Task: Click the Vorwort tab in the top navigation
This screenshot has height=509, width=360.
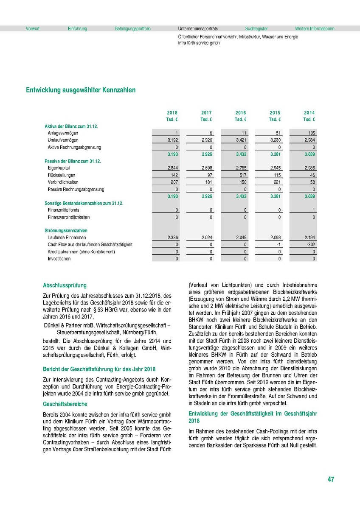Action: (32, 29)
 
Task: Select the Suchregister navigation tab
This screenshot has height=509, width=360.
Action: (256, 29)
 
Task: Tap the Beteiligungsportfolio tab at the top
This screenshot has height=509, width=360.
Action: (132, 29)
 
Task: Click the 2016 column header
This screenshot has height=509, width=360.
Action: (241, 113)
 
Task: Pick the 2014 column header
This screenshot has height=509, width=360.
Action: (309, 113)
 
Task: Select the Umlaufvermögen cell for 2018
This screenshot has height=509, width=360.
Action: (171, 140)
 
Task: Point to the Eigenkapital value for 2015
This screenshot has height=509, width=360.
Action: (274, 168)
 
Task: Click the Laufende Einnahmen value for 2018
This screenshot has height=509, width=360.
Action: (171, 238)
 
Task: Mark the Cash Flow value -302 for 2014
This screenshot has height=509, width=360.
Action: (310, 245)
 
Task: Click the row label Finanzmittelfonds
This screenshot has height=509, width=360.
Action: (63, 210)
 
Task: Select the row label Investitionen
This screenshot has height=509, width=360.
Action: (59, 259)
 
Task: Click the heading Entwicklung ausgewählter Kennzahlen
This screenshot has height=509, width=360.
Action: (81, 90)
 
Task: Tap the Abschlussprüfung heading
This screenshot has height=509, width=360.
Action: (65, 286)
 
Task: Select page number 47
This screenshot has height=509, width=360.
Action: (331, 479)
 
